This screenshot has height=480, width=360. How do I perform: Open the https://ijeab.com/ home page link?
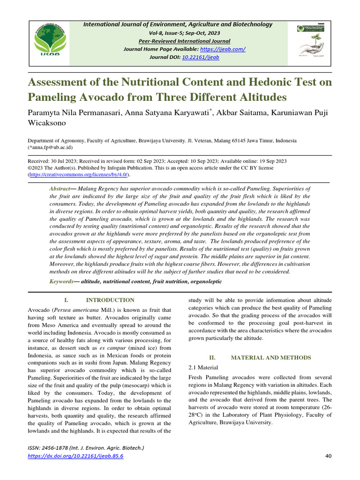[223, 49]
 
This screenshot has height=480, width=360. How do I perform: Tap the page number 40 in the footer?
[328, 456]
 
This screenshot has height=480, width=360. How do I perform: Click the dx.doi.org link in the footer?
[75, 456]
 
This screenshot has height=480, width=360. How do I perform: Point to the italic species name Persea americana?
[75, 310]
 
